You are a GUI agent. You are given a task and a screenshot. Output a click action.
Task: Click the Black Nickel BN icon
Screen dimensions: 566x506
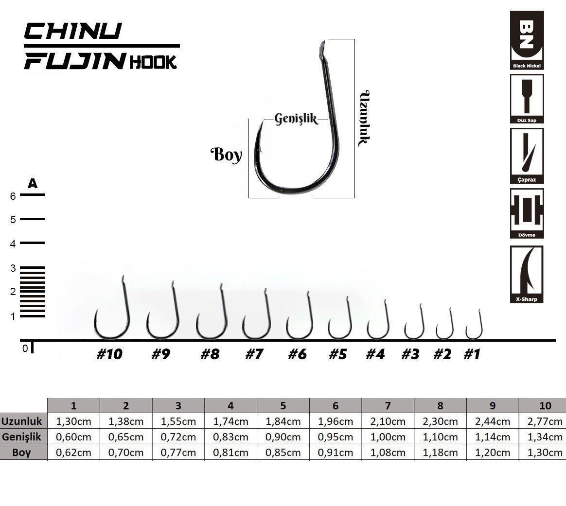pos(527,40)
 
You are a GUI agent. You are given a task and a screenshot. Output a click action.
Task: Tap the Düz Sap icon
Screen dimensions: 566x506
pos(527,99)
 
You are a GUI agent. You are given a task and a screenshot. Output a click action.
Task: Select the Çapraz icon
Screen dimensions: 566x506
pos(527,156)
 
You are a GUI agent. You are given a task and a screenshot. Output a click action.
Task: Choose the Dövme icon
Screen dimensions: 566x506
pos(527,213)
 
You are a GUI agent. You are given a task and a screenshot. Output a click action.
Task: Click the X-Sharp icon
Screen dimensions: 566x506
pos(527,274)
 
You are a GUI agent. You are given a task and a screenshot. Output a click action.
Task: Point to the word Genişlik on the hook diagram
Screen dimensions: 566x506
pos(296,119)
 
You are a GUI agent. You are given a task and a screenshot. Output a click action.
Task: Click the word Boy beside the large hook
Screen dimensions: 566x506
pos(226,155)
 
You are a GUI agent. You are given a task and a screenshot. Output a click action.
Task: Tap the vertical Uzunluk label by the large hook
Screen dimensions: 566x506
pos(364,118)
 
